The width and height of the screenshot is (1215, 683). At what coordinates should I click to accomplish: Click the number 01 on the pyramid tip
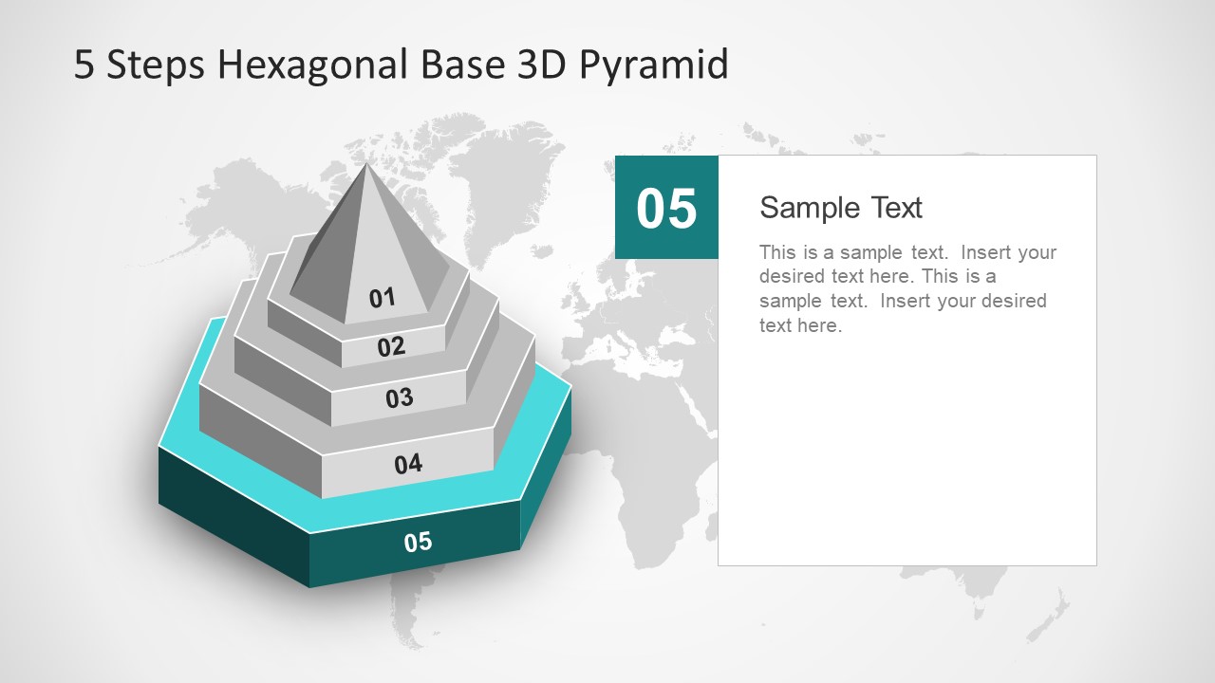[382, 298]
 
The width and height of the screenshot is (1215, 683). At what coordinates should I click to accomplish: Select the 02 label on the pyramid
[391, 346]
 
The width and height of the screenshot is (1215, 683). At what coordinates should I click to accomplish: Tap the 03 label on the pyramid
[399, 397]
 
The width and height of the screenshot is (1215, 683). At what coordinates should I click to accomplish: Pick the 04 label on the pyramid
[408, 464]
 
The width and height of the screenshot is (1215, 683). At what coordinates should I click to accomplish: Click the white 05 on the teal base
[418, 542]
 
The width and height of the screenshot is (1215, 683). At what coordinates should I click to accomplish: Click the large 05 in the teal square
[666, 209]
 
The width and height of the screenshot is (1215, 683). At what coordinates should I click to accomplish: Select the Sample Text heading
[841, 208]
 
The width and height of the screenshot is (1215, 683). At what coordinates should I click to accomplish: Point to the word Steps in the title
[156, 65]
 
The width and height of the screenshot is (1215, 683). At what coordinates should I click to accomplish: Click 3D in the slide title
[538, 65]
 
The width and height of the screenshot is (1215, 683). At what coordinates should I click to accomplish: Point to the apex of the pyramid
[366, 164]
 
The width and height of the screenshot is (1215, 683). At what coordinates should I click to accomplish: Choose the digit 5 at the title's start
[84, 65]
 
